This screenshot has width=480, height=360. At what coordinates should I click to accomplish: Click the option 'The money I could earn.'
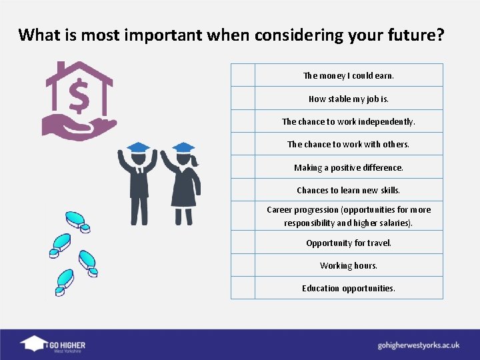pyautogui.click(x=349, y=75)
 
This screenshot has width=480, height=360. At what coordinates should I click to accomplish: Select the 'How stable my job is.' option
pyautogui.click(x=349, y=99)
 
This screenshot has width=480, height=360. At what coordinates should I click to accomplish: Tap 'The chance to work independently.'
pyautogui.click(x=349, y=121)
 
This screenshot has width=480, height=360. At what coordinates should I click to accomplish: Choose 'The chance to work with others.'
pyautogui.click(x=349, y=144)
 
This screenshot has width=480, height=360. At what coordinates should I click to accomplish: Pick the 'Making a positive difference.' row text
pyautogui.click(x=349, y=167)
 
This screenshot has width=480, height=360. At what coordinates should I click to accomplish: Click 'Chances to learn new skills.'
pyautogui.click(x=349, y=190)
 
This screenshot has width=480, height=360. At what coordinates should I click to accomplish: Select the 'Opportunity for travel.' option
pyautogui.click(x=349, y=243)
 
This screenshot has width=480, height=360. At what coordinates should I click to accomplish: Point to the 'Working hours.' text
pyautogui.click(x=349, y=265)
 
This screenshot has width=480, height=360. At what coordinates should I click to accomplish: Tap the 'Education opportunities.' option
pyautogui.click(x=349, y=288)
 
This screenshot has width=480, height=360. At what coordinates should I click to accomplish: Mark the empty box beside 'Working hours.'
pyautogui.click(x=243, y=265)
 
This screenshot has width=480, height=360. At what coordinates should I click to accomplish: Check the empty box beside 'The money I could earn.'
pyautogui.click(x=243, y=75)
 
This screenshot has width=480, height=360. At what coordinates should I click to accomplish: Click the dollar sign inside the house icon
pyautogui.click(x=79, y=97)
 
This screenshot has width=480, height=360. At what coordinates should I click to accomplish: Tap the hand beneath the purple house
pyautogui.click(x=77, y=127)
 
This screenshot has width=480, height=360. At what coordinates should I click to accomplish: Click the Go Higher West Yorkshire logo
pyautogui.click(x=53, y=344)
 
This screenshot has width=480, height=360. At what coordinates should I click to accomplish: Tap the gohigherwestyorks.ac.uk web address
pyautogui.click(x=419, y=345)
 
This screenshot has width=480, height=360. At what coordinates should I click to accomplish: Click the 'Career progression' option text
pyautogui.click(x=349, y=216)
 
